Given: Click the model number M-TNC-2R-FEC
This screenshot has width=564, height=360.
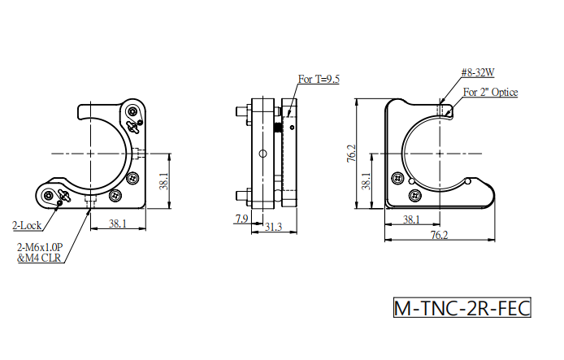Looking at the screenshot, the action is coord(462,308).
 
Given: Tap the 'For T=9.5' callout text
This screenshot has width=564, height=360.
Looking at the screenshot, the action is coord(319,79).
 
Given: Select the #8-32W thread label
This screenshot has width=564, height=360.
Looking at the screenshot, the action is coord(478,72).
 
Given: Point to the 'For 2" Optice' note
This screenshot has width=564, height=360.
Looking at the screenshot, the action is coord(490,93).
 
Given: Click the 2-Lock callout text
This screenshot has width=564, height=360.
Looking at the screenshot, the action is coord(27,225).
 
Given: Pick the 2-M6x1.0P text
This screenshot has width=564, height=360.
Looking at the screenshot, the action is coord(40,247).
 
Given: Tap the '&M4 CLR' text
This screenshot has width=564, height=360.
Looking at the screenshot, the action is coord(39,258).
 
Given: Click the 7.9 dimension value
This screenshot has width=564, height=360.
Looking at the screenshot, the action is coord(241,219).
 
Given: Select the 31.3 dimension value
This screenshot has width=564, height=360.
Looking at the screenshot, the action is coord(273,227).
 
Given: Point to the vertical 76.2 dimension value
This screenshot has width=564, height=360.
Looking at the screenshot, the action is coord(351,154).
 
